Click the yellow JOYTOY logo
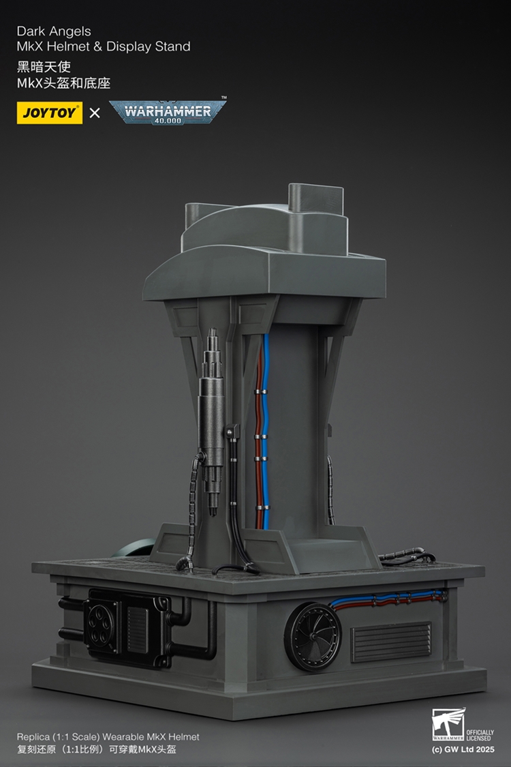(x=49, y=112)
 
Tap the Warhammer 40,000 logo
(x=168, y=112)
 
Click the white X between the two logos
(x=95, y=113)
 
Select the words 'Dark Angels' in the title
(x=54, y=31)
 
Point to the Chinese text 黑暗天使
(x=44, y=67)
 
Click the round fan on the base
(x=313, y=636)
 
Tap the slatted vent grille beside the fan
(x=390, y=642)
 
